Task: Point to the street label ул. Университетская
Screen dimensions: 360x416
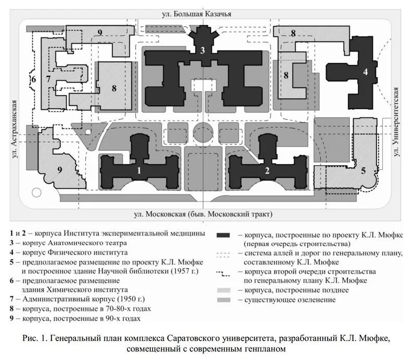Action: pos(397,122)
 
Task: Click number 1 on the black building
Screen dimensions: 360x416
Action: pos(139,169)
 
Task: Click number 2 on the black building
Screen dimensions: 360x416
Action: pos(267,170)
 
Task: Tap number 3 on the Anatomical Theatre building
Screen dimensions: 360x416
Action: pos(203,50)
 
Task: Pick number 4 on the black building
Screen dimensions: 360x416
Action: pos(366,72)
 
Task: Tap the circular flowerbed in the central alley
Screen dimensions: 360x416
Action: pos(203,134)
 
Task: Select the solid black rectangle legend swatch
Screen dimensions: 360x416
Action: pos(227,235)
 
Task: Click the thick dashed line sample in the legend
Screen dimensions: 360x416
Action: pos(227,272)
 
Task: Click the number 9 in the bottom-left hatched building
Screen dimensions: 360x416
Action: pos(59,169)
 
